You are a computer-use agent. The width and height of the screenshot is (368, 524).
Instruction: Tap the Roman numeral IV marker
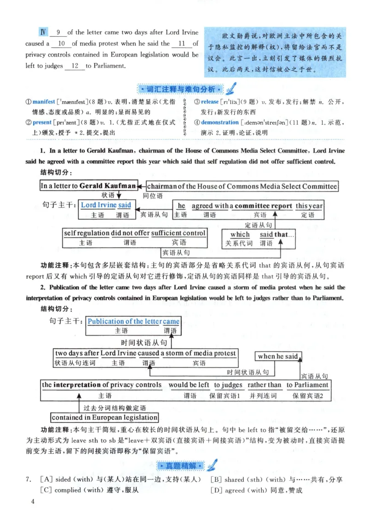43,32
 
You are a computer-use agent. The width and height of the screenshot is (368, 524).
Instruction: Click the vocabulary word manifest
44,102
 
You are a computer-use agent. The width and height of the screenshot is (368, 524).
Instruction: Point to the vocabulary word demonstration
220,122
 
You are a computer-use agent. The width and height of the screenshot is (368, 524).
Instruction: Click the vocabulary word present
42,122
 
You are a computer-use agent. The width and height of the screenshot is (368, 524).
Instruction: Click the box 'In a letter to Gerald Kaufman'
88,186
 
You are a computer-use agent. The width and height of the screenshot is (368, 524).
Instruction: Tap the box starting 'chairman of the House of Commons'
242,186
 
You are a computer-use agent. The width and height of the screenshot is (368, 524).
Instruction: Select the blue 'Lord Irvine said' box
106,205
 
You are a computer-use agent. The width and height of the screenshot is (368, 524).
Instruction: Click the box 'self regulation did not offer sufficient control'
135,233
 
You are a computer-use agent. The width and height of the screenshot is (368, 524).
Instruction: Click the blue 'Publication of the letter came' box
133,321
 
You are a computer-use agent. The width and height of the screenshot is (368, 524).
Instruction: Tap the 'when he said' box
277,356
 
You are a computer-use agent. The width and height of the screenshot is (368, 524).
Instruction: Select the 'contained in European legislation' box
104,417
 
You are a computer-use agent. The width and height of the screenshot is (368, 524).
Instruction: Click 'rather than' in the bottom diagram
264,385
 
